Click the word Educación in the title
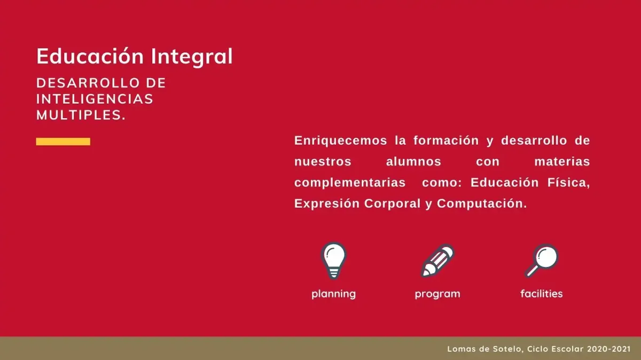[x=90, y=56]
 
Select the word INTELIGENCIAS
[x=95, y=99]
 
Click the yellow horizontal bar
[x=63, y=142]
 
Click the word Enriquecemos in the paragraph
[x=341, y=140]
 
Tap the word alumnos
[x=413, y=161]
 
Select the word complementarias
[x=350, y=183]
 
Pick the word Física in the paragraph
[x=568, y=182]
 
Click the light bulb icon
[x=333, y=261]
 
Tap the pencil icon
[x=437, y=261]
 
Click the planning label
[x=334, y=294]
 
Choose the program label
[x=437, y=294]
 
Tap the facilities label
[x=542, y=294]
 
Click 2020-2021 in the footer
[x=608, y=349]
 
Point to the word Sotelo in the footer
[x=508, y=349]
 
